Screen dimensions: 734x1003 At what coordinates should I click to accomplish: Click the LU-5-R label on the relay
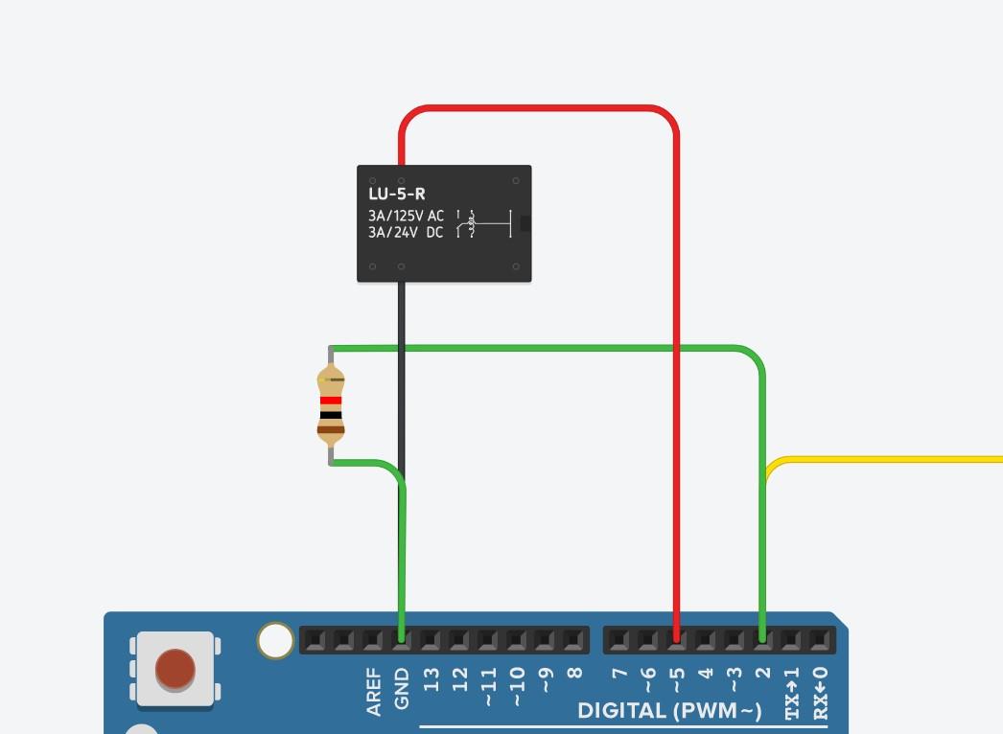(x=397, y=195)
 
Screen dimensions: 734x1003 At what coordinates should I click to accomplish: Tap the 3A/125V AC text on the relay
(x=406, y=216)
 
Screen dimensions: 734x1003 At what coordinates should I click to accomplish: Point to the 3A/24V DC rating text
(x=406, y=233)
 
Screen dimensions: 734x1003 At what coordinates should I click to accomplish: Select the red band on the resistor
(x=331, y=401)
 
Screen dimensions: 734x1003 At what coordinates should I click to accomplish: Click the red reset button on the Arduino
(x=175, y=669)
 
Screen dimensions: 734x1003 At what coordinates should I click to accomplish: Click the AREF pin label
(x=374, y=692)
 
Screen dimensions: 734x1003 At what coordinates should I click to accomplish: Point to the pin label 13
(x=431, y=679)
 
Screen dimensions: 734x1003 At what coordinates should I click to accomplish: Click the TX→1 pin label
(x=792, y=693)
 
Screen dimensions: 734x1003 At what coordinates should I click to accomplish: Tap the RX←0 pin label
(x=820, y=693)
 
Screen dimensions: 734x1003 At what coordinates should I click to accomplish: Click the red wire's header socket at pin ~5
(x=676, y=637)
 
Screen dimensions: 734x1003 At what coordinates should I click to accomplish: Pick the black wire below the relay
(x=401, y=383)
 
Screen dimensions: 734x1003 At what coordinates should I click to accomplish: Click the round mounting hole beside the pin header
(x=275, y=641)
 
